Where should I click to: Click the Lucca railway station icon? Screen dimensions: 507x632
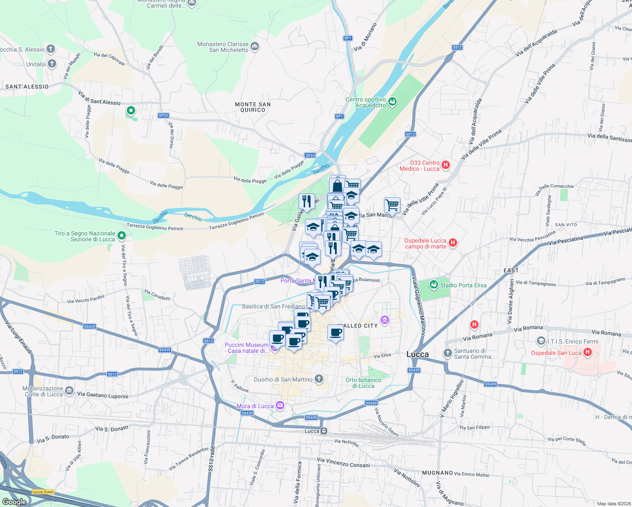pos(324,431)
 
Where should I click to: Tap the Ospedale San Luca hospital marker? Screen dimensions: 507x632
pos(587,352)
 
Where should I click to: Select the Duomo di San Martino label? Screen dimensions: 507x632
pos(283,379)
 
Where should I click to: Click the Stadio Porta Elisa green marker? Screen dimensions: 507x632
pos(433,285)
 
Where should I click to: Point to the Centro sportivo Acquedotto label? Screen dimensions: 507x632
pos(366,102)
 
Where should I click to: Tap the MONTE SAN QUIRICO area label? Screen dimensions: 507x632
pos(253,107)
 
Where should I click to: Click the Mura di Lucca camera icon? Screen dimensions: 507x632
pos(280,406)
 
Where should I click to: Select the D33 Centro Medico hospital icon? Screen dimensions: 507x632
pos(445,165)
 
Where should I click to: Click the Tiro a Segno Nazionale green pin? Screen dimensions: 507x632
pos(122,235)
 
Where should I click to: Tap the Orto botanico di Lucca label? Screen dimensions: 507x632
pos(363,383)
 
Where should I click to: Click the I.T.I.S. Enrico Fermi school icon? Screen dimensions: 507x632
pos(541,341)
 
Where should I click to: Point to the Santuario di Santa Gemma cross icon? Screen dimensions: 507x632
pos(447,353)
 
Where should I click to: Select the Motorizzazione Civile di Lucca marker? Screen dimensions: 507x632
pos(69,391)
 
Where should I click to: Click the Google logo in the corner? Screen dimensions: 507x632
pos(14,502)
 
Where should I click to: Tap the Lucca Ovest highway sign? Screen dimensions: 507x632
pos(43,492)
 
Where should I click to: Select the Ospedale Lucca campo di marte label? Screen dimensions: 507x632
pos(425,243)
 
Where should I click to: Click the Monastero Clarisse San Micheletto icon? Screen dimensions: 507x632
pos(254,46)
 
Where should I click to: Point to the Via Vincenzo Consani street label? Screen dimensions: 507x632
pos(343,462)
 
